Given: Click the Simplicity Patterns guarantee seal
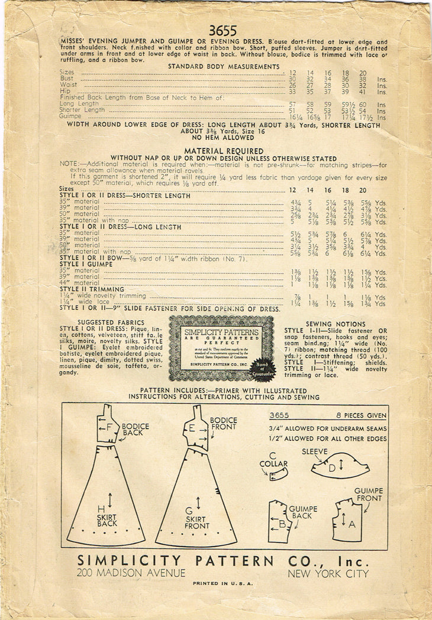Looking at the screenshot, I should (221, 348).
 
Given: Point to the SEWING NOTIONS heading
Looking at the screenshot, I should (336, 324).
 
